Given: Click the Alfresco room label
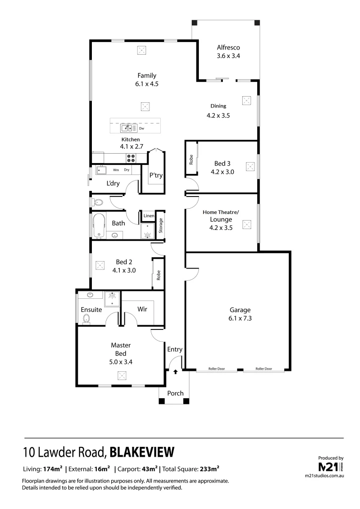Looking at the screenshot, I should click(229, 48).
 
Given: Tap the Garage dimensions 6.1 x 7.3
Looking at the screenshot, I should click(240, 319).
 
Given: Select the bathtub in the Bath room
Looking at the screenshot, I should click(98, 226).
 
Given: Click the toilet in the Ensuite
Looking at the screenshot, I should click(86, 320).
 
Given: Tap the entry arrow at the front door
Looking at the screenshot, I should click(175, 372).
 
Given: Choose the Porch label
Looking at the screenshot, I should click(175, 394).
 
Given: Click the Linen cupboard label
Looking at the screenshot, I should click(148, 216).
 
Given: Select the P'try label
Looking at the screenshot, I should click(156, 175).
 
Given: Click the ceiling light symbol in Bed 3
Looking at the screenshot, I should click(250, 166).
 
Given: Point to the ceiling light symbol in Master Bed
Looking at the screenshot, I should click(122, 376).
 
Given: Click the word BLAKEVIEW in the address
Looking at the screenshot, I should click(142, 452).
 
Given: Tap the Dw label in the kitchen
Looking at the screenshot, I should click(141, 128).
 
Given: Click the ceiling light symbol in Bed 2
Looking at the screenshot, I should click(99, 265).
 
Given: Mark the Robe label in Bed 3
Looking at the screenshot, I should click(191, 160).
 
